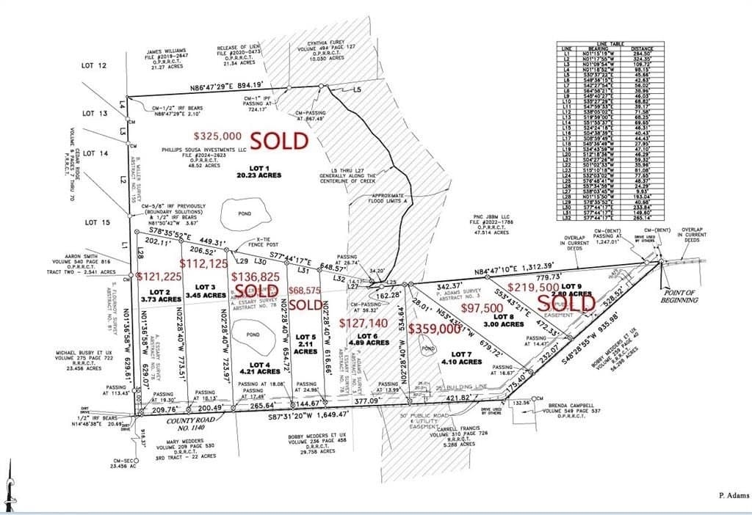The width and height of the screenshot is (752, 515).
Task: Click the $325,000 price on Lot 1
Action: pos(217,136)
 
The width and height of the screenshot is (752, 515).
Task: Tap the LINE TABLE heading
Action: pos(626,43)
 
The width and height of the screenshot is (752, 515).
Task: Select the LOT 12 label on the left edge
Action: pos(95,66)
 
